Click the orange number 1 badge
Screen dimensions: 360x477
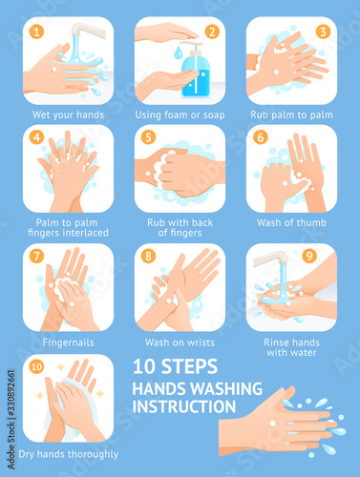36,31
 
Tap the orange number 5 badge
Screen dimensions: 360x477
148,137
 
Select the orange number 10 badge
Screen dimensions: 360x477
36,366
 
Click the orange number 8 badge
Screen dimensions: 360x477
148,256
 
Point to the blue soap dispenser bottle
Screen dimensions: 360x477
195,70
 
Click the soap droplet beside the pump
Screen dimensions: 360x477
178,52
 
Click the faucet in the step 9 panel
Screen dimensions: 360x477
271,259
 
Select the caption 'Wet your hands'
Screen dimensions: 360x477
68,114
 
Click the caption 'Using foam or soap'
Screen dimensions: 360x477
180,114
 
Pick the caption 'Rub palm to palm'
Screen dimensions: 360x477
291,114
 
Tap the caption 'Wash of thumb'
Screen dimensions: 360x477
291,222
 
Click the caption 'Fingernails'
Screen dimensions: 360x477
68,342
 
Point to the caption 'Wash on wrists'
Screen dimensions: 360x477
180,342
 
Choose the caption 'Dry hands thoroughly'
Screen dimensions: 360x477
69,454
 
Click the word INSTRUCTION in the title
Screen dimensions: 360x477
184,406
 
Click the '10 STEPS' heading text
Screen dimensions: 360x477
175,366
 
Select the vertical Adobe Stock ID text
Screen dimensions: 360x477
11,419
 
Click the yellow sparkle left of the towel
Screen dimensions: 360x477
40,395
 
